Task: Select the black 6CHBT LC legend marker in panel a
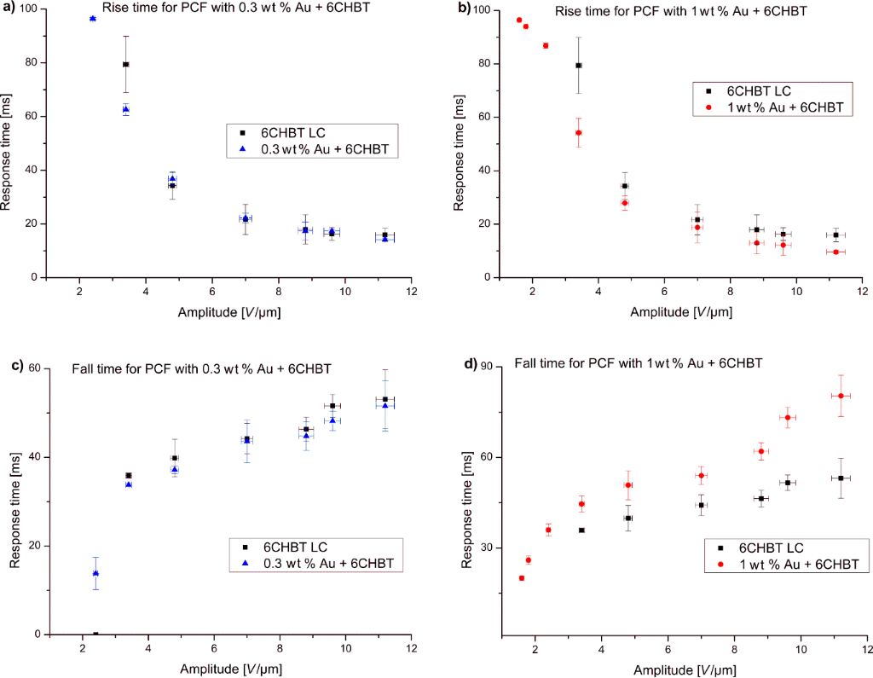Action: coord(243,133)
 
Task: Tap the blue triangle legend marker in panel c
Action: coord(245,564)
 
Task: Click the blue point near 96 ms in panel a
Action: coord(93,18)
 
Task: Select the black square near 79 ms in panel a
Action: coord(125,64)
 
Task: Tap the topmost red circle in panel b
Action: coord(518,20)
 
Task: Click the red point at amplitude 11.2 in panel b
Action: coord(835,252)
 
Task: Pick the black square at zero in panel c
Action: coord(95,634)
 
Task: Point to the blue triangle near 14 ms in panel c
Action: coord(95,573)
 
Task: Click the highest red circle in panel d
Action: coord(841,396)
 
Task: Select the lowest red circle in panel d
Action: coord(521,578)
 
